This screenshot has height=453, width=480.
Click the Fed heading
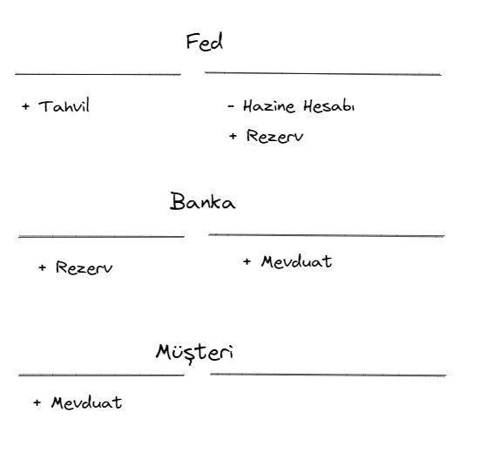pyautogui.click(x=205, y=42)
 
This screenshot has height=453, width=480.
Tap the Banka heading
pyautogui.click(x=203, y=201)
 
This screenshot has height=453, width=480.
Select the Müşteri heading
pyautogui.click(x=194, y=353)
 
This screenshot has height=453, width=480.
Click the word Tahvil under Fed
pyautogui.click(x=64, y=105)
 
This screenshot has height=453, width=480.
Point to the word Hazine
pyautogui.click(x=269, y=106)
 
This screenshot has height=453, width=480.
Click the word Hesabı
pyautogui.click(x=329, y=106)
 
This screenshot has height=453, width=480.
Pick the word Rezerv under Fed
pyautogui.click(x=275, y=136)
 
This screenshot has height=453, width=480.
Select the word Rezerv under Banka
pyautogui.click(x=84, y=267)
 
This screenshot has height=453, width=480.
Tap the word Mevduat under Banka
pyautogui.click(x=297, y=262)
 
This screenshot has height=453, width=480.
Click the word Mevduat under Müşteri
pyautogui.click(x=86, y=402)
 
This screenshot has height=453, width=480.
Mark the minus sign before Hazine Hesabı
pyautogui.click(x=231, y=106)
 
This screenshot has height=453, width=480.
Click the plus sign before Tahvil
pyautogui.click(x=26, y=106)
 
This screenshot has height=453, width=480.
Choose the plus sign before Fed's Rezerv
pyautogui.click(x=233, y=136)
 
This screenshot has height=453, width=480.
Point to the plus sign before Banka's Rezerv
pyautogui.click(x=42, y=267)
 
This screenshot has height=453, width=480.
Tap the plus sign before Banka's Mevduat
pyautogui.click(x=247, y=261)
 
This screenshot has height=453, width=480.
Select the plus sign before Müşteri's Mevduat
pyautogui.click(x=37, y=402)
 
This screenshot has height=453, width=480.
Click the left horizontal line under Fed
pyautogui.click(x=98, y=74)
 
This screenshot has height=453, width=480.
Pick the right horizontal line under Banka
pyautogui.click(x=327, y=235)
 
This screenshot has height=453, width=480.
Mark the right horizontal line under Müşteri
pyautogui.click(x=328, y=375)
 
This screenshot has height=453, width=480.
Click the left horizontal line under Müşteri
pyautogui.click(x=101, y=375)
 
